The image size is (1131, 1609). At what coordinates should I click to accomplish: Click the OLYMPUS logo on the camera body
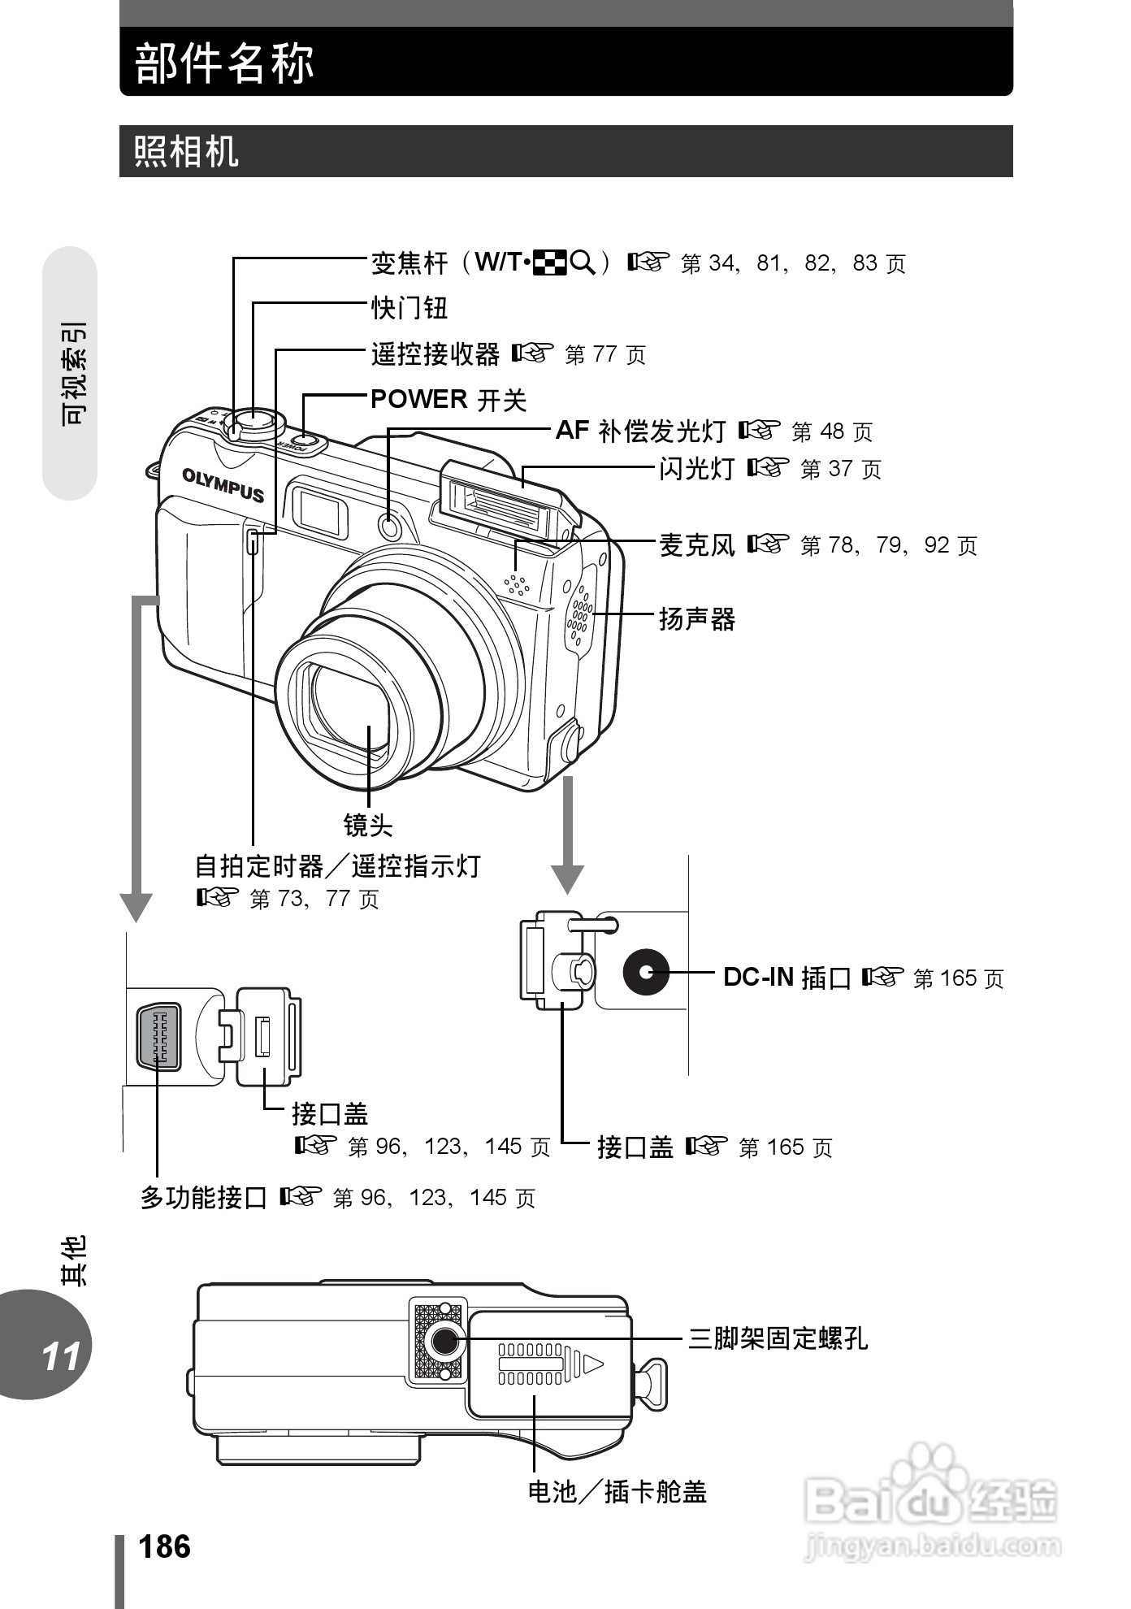tap(223, 484)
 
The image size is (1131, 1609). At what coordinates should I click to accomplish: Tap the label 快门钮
tap(409, 308)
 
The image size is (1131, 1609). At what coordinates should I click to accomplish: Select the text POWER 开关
tap(448, 399)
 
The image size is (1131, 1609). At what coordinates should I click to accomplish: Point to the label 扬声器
tap(696, 619)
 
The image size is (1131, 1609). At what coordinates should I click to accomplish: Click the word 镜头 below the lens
tap(367, 825)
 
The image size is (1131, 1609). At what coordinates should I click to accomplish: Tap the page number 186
tap(164, 1547)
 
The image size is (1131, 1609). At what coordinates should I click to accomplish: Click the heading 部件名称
tap(224, 63)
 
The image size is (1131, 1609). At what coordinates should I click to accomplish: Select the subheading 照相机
tap(186, 151)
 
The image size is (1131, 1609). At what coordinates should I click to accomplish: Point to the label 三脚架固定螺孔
tap(778, 1338)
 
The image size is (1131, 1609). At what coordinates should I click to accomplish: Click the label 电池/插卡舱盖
tap(617, 1492)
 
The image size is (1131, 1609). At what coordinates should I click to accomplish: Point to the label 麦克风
tap(696, 544)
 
